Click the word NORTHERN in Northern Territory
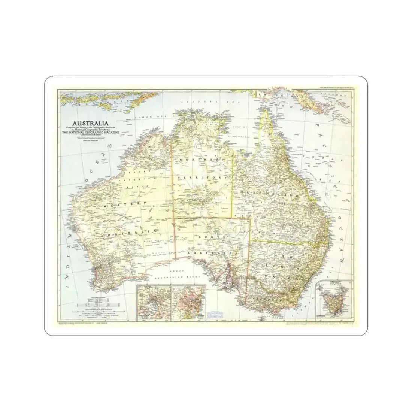point(202,160)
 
